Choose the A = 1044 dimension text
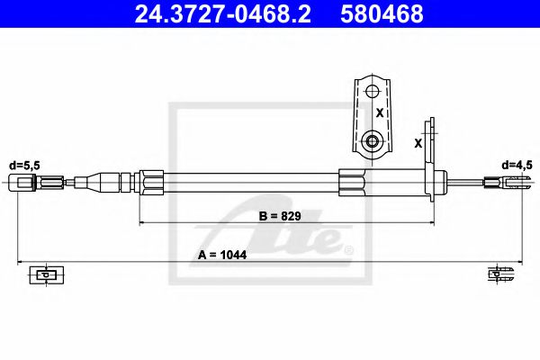tap(222, 256)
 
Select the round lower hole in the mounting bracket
tap(371, 141)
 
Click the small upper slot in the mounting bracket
tap(371, 90)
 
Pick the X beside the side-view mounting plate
tap(418, 142)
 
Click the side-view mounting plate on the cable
tap(432, 162)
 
